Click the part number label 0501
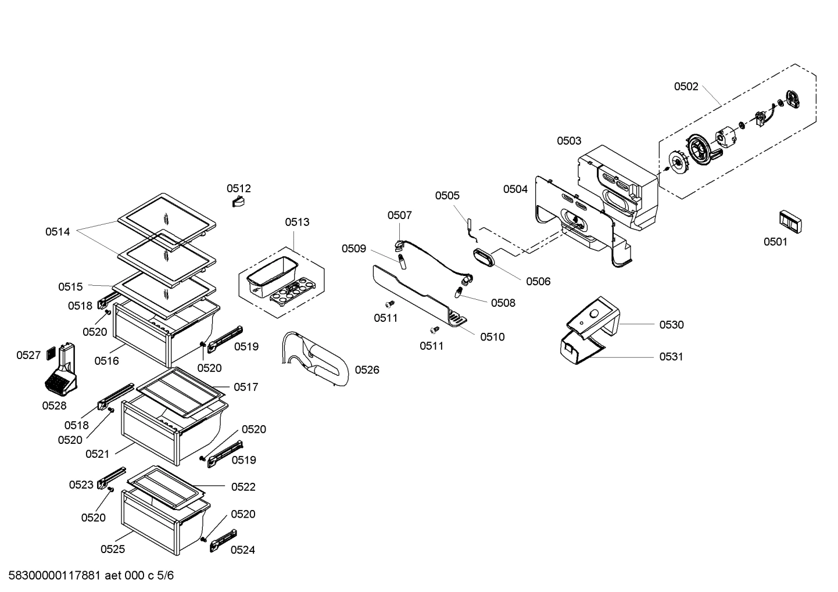[x=775, y=242]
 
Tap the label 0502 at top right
[x=686, y=87]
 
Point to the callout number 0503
[x=568, y=141]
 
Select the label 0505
[x=447, y=196]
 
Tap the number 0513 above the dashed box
[x=297, y=222]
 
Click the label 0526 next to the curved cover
[x=367, y=369]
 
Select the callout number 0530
[x=671, y=325]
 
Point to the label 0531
[x=671, y=357]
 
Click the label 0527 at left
[x=28, y=355]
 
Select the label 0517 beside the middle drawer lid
[x=246, y=387]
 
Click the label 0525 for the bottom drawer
[x=112, y=549]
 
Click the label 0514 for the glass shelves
[x=58, y=232]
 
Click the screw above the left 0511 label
[x=390, y=304]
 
